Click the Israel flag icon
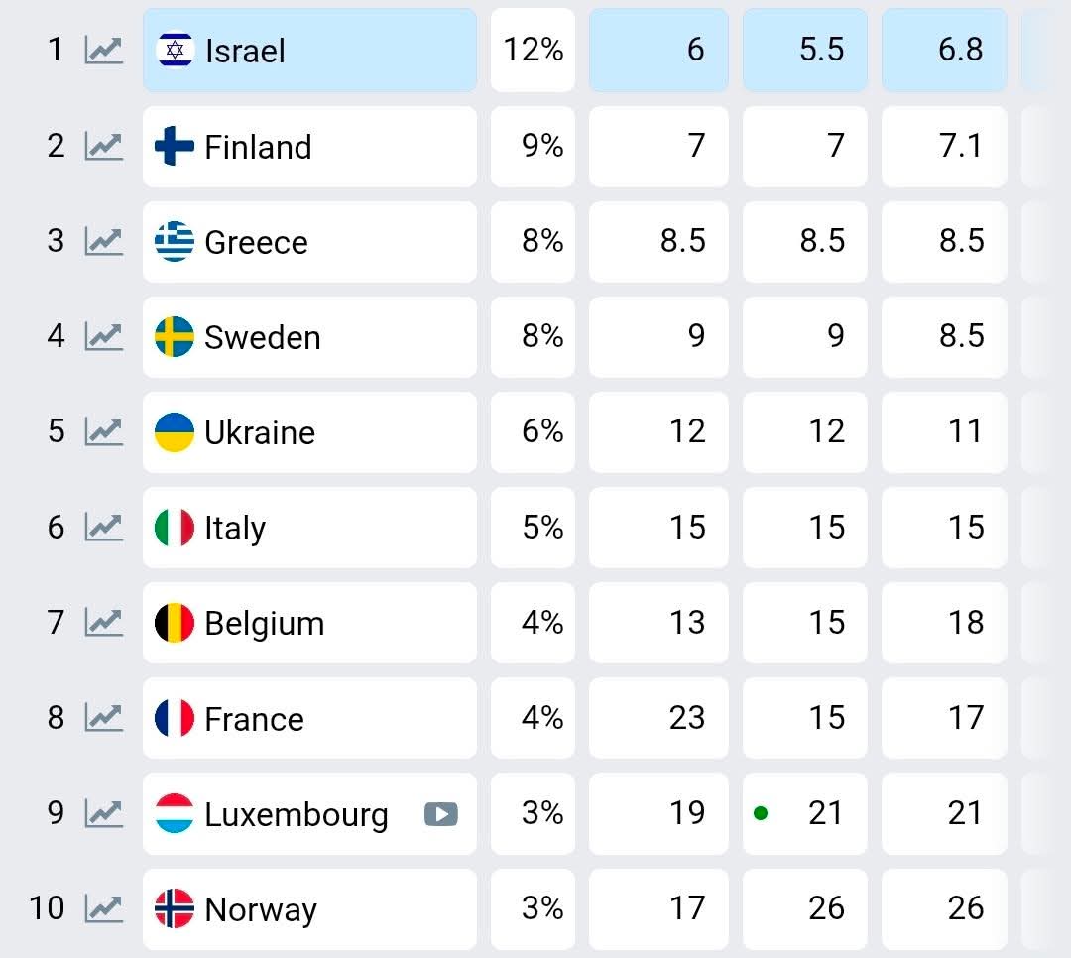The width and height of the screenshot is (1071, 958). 175,50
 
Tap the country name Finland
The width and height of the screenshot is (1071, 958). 258,147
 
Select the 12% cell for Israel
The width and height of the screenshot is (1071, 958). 534,50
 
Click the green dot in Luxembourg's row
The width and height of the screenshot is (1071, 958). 761,813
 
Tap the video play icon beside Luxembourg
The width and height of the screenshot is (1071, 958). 441,814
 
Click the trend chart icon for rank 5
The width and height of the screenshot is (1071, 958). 103,431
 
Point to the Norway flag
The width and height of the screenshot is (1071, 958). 175,908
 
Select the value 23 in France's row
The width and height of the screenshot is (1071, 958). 686,717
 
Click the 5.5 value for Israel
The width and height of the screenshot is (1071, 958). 821,50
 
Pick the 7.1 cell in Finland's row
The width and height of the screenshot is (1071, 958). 960,146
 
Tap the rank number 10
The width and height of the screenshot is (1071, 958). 47,907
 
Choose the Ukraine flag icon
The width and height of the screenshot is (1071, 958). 175,432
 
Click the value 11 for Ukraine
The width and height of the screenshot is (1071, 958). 965,431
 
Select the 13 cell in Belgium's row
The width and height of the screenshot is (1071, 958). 686,622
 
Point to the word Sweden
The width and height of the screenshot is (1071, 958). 262,337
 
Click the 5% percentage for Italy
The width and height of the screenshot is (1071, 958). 542,527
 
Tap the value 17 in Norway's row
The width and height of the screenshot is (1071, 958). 686,907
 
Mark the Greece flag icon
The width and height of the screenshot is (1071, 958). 175,242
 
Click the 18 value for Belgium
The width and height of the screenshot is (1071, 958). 965,622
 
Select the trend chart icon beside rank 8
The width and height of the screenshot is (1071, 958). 103,717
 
